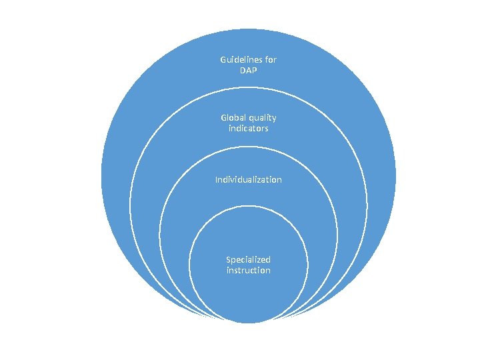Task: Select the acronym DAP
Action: pyautogui.click(x=248, y=70)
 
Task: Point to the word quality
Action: pyautogui.click(x=263, y=118)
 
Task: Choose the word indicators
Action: pyautogui.click(x=248, y=128)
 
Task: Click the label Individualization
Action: pyautogui.click(x=248, y=180)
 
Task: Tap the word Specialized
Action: pyautogui.click(x=248, y=259)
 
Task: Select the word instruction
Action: pyautogui.click(x=248, y=270)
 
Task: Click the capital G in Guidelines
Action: pyautogui.click(x=223, y=59)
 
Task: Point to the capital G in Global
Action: pyautogui.click(x=224, y=117)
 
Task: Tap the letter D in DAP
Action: pyautogui.click(x=241, y=70)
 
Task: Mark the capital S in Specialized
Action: pyautogui.click(x=228, y=259)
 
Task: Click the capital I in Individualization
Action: pyautogui.click(x=215, y=180)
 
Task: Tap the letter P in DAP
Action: pyautogui.click(x=255, y=70)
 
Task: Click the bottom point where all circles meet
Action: pyautogui.click(x=248, y=322)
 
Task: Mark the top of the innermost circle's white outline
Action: pyautogui.click(x=248, y=206)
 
